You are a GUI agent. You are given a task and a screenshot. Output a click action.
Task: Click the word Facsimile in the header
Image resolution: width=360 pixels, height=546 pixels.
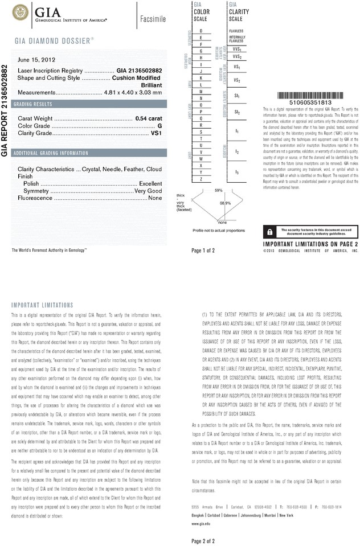click(153, 19)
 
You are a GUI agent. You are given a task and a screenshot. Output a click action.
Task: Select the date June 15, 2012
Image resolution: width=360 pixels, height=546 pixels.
click(38, 59)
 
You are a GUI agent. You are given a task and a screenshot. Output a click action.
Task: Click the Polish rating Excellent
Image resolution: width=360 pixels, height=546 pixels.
click(151, 184)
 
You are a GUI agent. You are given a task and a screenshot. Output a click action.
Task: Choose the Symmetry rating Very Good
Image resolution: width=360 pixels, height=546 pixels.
click(148, 191)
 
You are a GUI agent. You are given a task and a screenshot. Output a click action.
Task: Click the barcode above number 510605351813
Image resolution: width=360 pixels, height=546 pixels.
click(310, 96)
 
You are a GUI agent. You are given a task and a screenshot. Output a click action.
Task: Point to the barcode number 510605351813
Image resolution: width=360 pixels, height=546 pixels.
click(310, 103)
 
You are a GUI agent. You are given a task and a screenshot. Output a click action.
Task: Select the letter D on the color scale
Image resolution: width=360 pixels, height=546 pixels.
click(201, 30)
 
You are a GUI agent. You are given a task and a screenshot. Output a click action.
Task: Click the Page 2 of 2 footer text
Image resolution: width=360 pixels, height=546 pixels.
click(203, 540)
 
